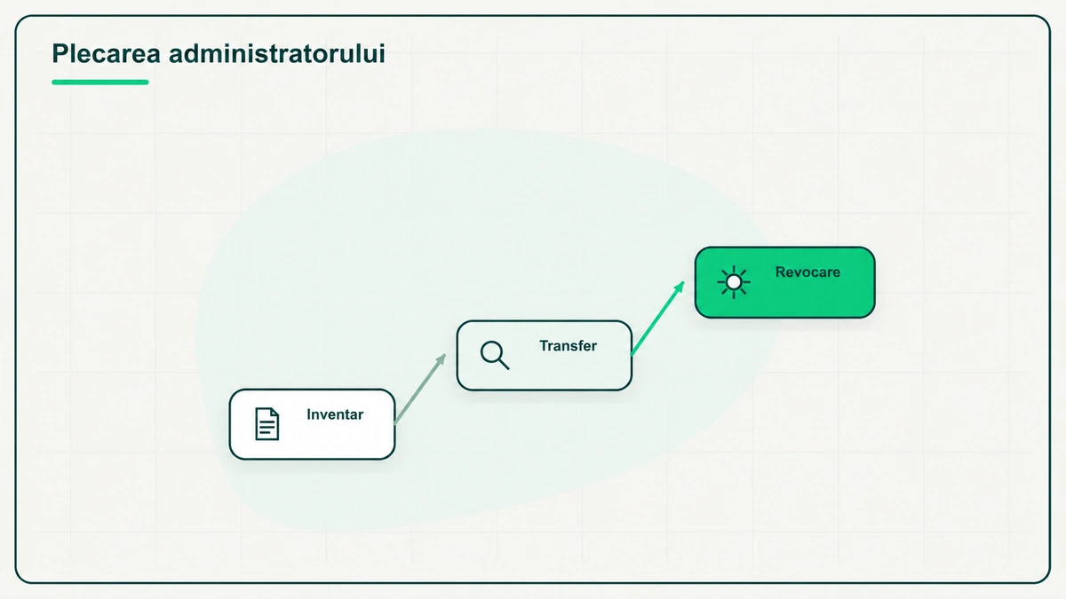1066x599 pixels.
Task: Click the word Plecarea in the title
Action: (106, 53)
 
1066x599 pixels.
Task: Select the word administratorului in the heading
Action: (277, 53)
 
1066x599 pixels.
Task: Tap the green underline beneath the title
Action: (99, 83)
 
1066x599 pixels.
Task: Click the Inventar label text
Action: (335, 414)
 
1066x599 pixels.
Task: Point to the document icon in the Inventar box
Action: (267, 423)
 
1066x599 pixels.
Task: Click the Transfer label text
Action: (568, 345)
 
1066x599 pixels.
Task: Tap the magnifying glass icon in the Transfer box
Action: (495, 355)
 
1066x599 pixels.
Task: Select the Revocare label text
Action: (807, 272)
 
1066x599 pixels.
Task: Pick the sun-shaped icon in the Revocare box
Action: (734, 282)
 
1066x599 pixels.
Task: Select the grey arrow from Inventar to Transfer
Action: (419, 389)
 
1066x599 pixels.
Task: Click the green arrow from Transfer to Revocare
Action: (657, 318)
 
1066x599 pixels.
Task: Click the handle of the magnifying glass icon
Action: (504, 364)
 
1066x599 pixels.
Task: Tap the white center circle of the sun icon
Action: (734, 282)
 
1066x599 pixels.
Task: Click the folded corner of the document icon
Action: (275, 412)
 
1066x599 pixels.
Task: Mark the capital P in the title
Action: (59, 53)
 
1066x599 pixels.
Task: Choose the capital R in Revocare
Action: (781, 272)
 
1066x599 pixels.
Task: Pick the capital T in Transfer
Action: (545, 345)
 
